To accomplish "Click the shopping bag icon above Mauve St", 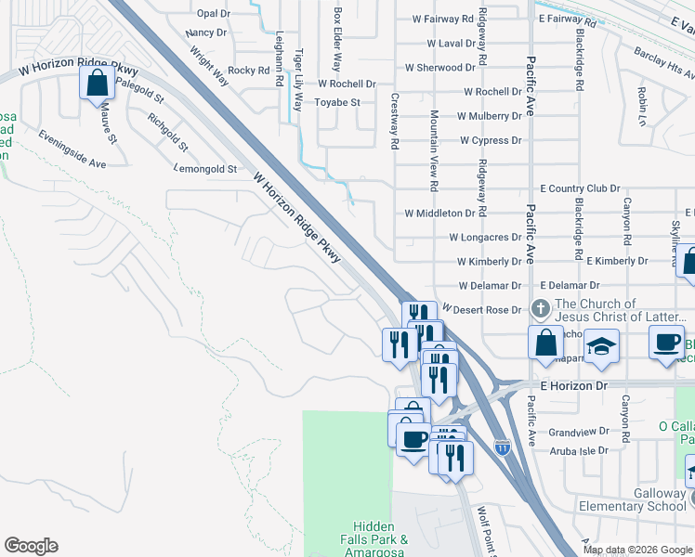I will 98,84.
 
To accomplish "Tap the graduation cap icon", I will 602,345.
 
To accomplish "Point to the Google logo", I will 31,546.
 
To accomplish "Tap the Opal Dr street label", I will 213,14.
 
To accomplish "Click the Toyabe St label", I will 336,102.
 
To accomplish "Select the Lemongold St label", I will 206,170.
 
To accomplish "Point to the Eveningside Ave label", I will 72,149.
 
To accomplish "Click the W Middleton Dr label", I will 440,213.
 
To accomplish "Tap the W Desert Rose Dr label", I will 483,308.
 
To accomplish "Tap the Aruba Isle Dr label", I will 578,450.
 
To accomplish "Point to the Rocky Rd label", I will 248,70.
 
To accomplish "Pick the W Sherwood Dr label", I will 439,68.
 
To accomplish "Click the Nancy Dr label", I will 206,32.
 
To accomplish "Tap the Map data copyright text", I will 638,549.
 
